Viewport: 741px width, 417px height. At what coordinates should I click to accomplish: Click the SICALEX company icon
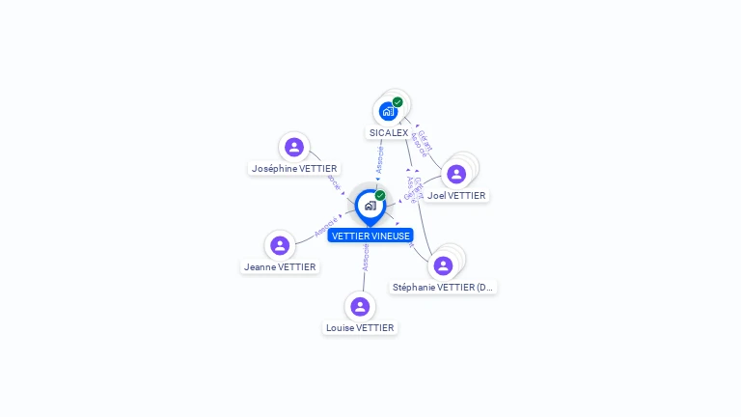tap(388, 111)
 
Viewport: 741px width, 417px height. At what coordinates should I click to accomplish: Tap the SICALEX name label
tap(389, 132)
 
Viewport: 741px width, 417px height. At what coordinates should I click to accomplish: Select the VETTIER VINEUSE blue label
tap(370, 236)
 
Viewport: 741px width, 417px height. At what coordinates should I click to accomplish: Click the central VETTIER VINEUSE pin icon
tap(370, 206)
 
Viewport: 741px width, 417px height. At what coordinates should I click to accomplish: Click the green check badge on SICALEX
tap(398, 102)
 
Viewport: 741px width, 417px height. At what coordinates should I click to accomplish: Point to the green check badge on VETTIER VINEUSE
tap(380, 196)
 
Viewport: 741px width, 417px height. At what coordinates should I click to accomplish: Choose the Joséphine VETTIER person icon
tap(294, 147)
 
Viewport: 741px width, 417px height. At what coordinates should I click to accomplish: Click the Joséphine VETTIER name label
tap(294, 168)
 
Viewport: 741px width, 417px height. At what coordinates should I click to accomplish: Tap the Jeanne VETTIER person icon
tap(280, 245)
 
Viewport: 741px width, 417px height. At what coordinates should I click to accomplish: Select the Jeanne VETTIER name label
tap(280, 266)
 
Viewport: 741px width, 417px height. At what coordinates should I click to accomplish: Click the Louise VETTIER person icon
tap(360, 306)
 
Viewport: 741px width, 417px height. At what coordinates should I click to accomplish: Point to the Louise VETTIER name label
tap(360, 327)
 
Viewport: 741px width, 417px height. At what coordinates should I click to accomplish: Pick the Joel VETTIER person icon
tap(456, 174)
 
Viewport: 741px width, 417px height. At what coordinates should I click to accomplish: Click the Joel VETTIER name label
tap(456, 195)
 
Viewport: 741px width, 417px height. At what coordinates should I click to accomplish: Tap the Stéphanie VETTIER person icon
tap(443, 265)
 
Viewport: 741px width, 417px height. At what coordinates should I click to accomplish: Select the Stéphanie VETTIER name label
tap(443, 287)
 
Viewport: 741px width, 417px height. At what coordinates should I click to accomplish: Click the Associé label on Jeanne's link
tap(326, 227)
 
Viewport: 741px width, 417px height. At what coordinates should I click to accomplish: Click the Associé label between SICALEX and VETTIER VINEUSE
tap(379, 159)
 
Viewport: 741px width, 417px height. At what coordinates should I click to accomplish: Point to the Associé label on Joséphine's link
tap(333, 181)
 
